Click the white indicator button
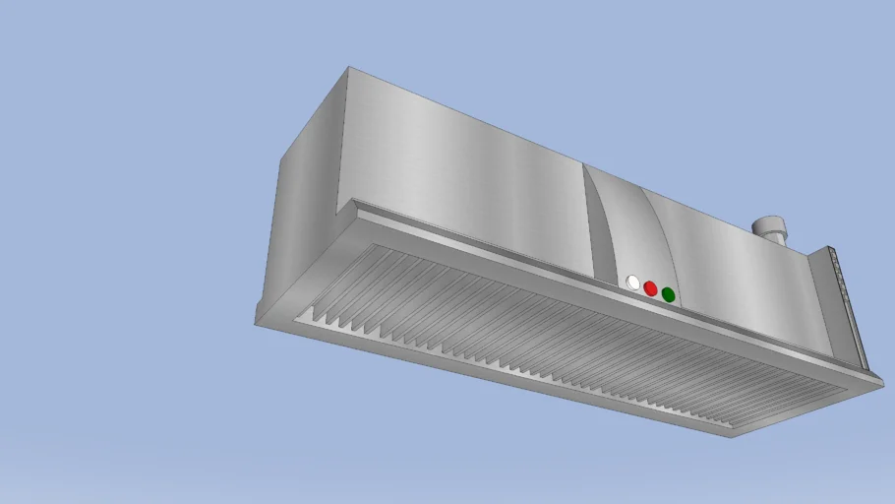pyautogui.click(x=632, y=283)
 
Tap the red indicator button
pyautogui.click(x=650, y=288)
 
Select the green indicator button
pyautogui.click(x=668, y=294)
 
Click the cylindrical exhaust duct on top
pyautogui.click(x=771, y=229)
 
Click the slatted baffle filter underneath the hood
pyautogui.click(x=551, y=335)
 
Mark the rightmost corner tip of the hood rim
pyautogui.click(x=882, y=385)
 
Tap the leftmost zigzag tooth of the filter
pyautogui.click(x=306, y=316)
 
